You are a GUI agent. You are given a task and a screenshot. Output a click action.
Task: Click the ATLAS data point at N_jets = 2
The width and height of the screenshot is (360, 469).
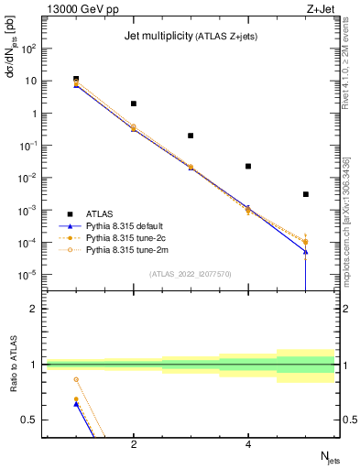pyautogui.click(x=134, y=104)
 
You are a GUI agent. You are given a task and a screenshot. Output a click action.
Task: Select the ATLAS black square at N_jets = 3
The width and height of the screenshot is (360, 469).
pyautogui.click(x=191, y=136)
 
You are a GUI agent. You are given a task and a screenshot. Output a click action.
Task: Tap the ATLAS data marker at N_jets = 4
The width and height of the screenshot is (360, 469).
pyautogui.click(x=248, y=166)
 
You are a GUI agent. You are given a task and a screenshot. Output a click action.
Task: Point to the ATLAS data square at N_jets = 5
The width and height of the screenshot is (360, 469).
pyautogui.click(x=306, y=194)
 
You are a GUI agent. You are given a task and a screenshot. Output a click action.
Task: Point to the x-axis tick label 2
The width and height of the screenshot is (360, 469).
pyautogui.click(x=134, y=445)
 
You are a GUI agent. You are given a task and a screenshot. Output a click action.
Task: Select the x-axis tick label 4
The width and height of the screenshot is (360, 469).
pyautogui.click(x=248, y=445)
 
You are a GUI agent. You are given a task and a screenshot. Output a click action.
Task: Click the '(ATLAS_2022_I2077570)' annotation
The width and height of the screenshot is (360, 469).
pyautogui.click(x=190, y=272)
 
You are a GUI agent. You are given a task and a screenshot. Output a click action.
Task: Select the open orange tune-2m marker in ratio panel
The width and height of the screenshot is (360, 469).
pyautogui.click(x=76, y=379)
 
